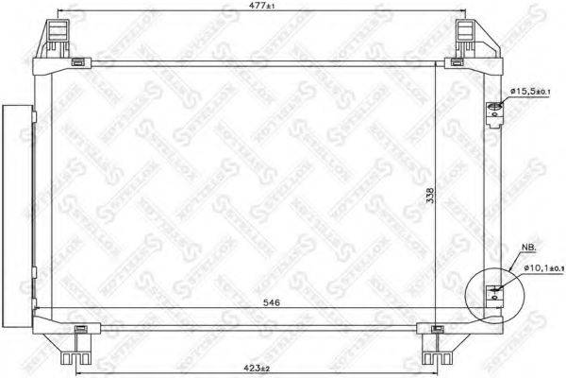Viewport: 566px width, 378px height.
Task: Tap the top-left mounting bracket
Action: [56, 39]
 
